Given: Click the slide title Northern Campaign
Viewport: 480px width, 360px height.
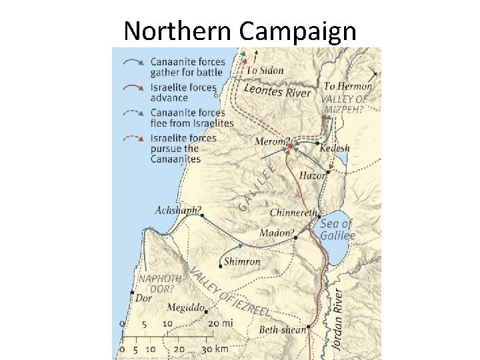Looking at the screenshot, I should click(x=240, y=30).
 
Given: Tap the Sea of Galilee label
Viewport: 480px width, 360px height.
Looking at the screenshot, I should click(x=337, y=229).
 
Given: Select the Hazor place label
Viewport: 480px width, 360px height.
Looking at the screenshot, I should click(x=313, y=175).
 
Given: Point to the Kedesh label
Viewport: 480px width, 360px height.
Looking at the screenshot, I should click(x=335, y=148).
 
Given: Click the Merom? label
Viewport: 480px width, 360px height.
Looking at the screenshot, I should click(x=272, y=142).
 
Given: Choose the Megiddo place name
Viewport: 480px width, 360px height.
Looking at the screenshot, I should click(x=185, y=308).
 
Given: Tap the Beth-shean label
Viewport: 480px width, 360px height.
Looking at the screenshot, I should click(x=283, y=329).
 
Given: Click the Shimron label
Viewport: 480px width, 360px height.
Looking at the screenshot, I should click(x=242, y=261).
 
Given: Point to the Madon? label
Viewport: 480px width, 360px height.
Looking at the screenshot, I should click(x=277, y=233).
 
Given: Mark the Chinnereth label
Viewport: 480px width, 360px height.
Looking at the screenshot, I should click(x=294, y=213).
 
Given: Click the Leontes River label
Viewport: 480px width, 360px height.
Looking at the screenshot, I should click(x=277, y=91).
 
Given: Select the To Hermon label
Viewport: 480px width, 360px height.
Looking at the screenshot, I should click(x=347, y=86).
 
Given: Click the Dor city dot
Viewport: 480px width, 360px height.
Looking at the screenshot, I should click(x=133, y=293).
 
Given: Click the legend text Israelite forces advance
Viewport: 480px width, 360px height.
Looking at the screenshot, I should click(x=183, y=93).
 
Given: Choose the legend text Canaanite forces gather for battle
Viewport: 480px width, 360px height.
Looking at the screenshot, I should click(x=188, y=67).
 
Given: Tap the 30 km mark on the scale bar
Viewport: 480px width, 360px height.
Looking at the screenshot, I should click(x=205, y=349).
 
